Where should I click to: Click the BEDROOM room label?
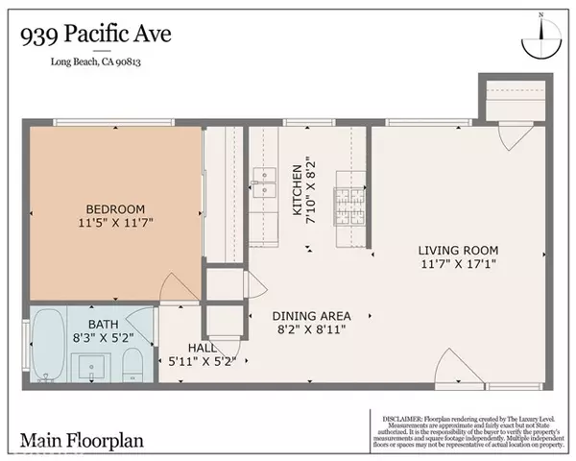pos(115,209)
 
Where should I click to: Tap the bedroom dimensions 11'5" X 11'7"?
pos(115,226)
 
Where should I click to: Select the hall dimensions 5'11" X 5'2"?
pos(204,362)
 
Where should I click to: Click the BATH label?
pos(103,325)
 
